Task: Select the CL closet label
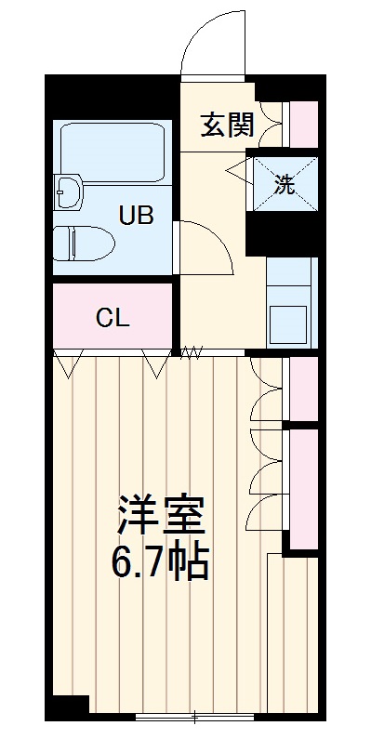click(x=113, y=317)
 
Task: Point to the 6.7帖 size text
click(x=160, y=561)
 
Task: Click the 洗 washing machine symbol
click(x=285, y=183)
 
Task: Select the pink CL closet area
click(x=113, y=317)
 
